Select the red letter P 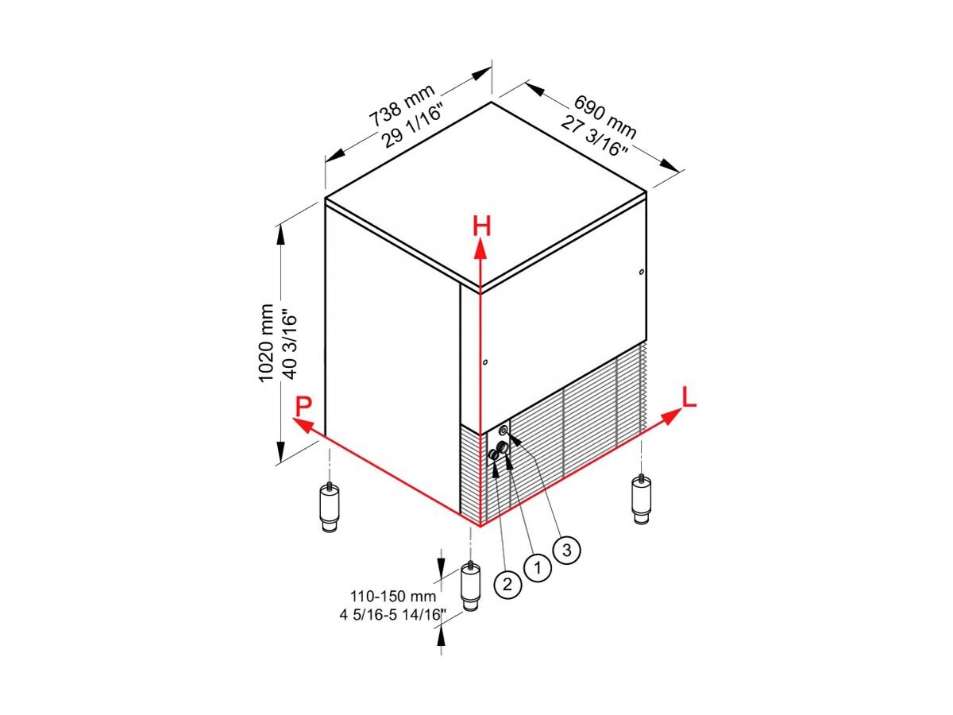303,408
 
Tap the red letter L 689,396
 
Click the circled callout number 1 538,567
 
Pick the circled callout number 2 507,585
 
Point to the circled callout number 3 567,550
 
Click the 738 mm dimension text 402,105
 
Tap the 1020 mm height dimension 266,343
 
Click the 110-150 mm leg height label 393,597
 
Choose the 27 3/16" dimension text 593,135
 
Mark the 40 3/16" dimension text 289,344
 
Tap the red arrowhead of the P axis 303,425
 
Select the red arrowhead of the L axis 672,417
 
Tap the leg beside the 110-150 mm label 470,586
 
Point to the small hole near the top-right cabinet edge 641,272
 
